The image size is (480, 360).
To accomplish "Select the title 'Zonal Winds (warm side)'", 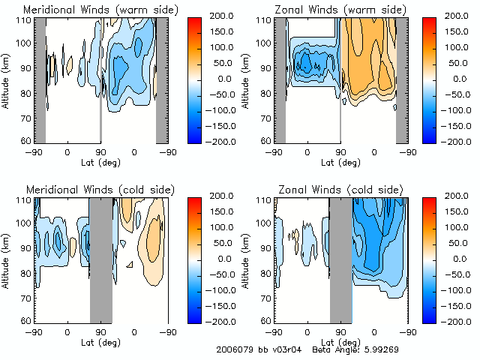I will click(x=331, y=10).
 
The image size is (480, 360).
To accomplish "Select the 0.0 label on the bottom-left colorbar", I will click(x=224, y=258).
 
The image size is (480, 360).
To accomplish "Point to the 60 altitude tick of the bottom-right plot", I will click(x=265, y=321).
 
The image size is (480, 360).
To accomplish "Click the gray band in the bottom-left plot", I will click(x=100, y=259).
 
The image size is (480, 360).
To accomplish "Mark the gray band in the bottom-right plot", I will click(x=341, y=259).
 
